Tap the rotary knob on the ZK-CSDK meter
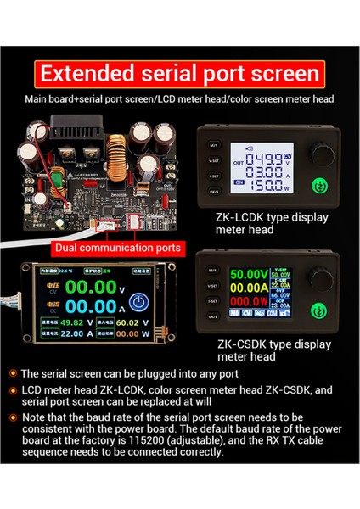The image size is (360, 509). [x=321, y=277]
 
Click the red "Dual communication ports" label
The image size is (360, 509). [x=117, y=249]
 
